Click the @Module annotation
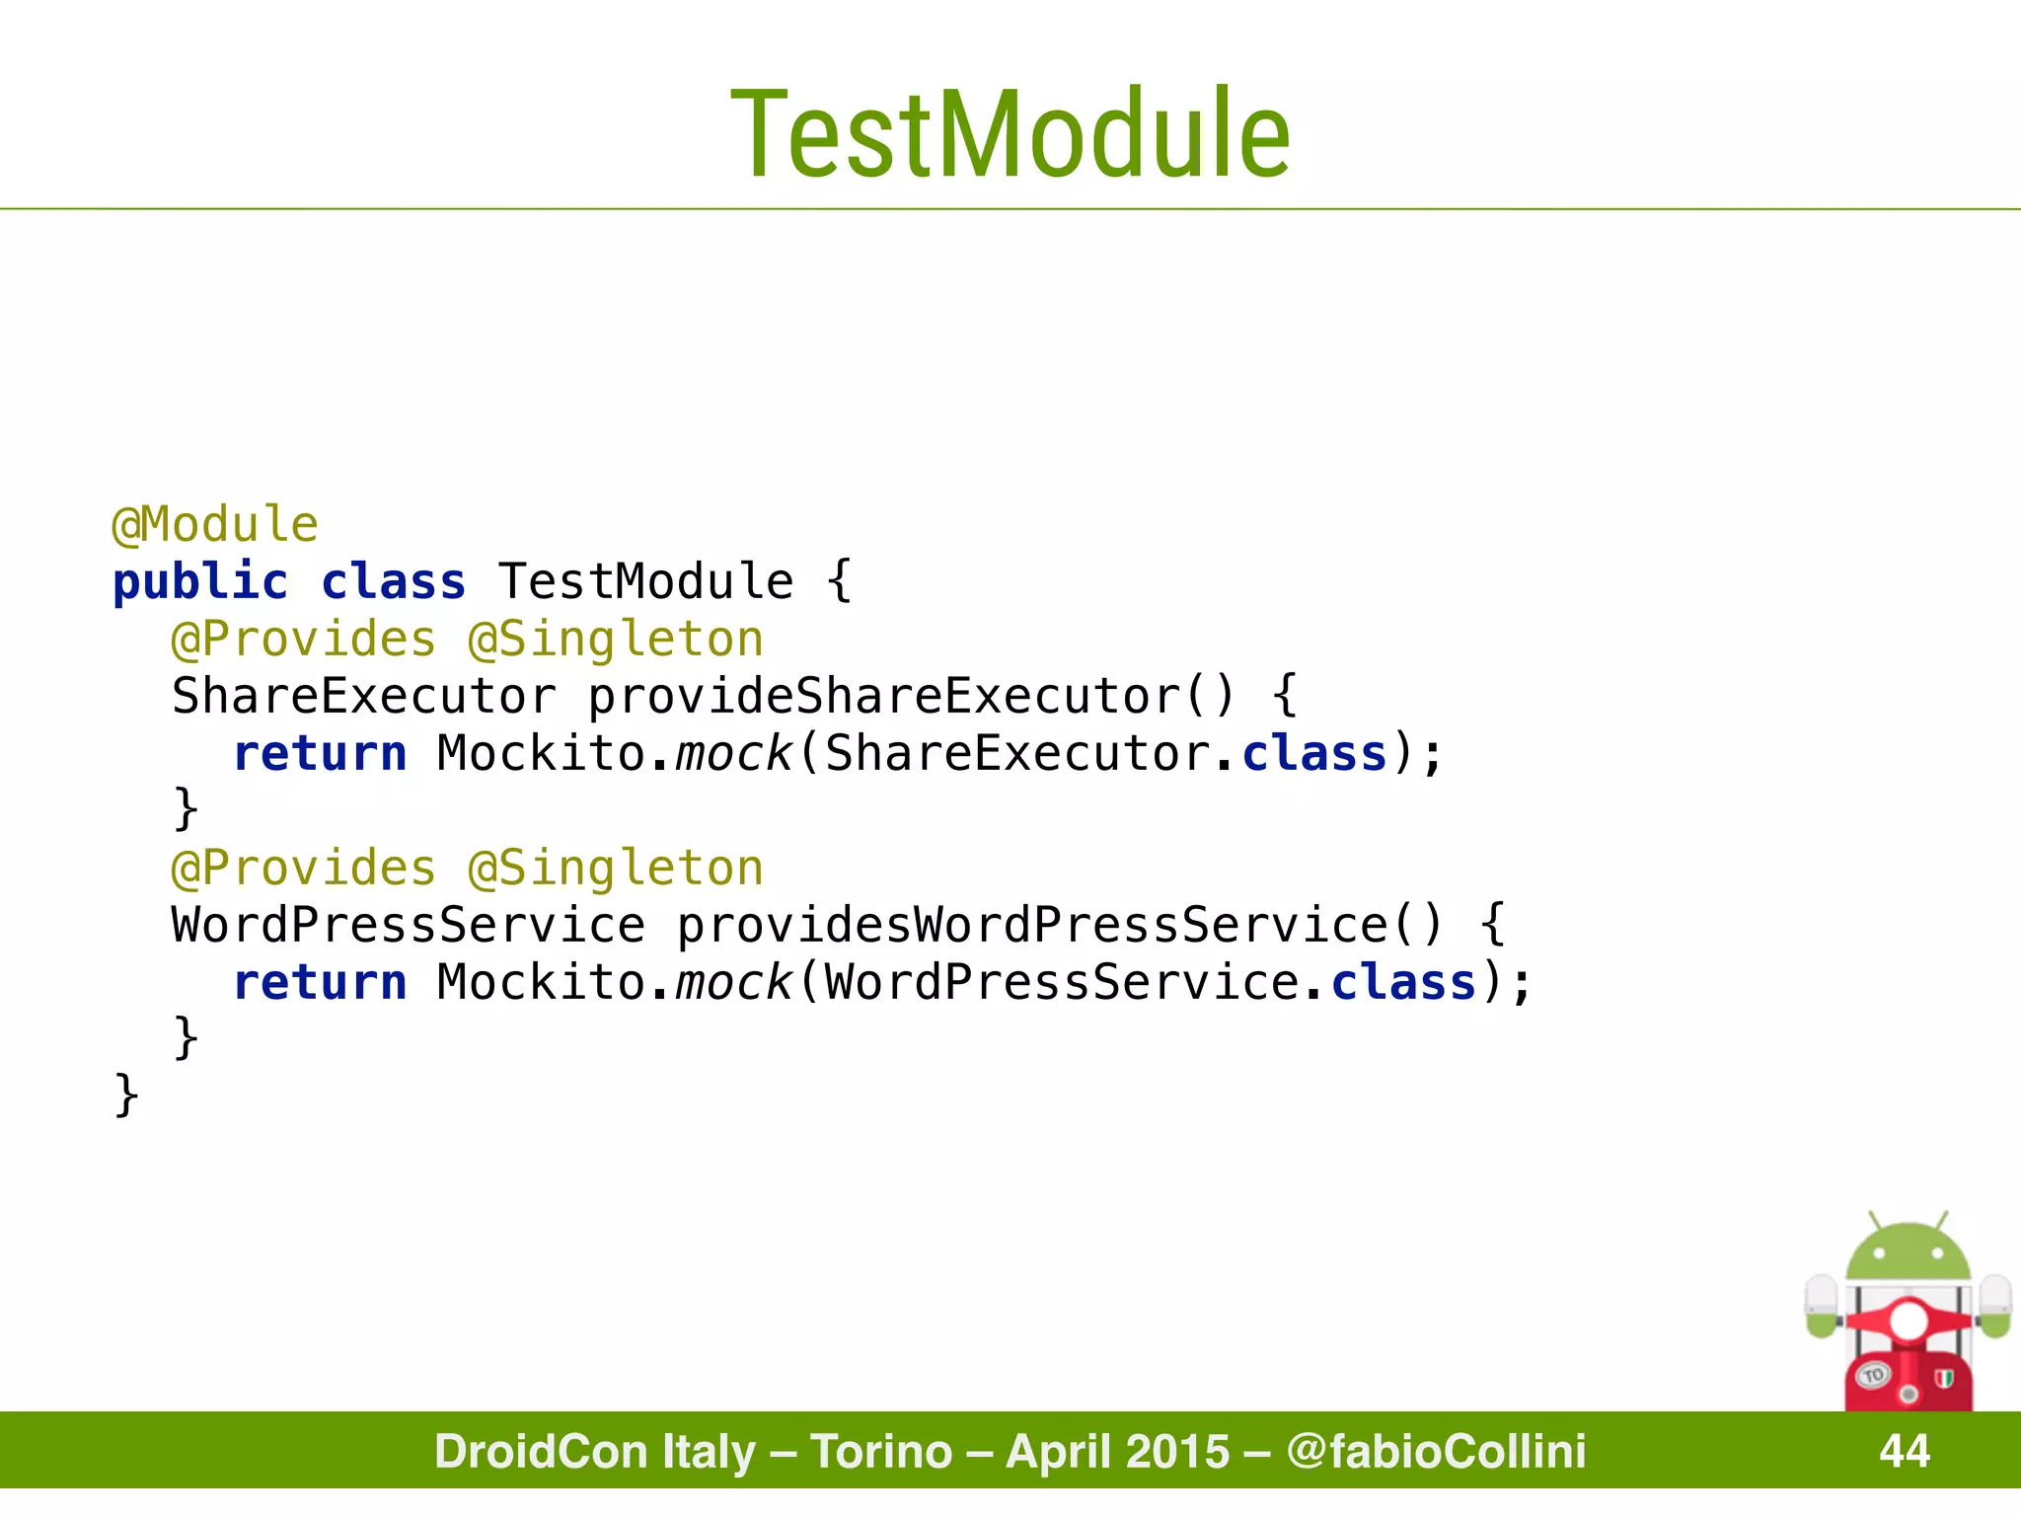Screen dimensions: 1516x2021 click(x=215, y=524)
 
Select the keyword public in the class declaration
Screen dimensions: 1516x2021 click(x=200, y=581)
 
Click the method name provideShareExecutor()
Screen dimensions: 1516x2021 click(x=910, y=696)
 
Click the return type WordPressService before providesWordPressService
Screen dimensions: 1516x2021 click(x=408, y=925)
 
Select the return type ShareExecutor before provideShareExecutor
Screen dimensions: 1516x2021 click(x=363, y=696)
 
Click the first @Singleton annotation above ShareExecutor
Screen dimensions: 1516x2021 click(x=616, y=639)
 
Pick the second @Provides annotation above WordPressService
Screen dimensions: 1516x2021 click(x=303, y=868)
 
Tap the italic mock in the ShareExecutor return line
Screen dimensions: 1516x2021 click(x=733, y=753)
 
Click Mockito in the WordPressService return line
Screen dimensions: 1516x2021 click(x=541, y=982)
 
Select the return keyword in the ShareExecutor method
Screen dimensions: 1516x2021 click(x=320, y=753)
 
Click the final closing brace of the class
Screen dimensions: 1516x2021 click(x=126, y=1096)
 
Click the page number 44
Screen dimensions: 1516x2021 click(x=1905, y=1451)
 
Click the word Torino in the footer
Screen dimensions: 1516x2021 click(x=881, y=1451)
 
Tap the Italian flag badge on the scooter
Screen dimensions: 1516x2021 click(x=1944, y=1379)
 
